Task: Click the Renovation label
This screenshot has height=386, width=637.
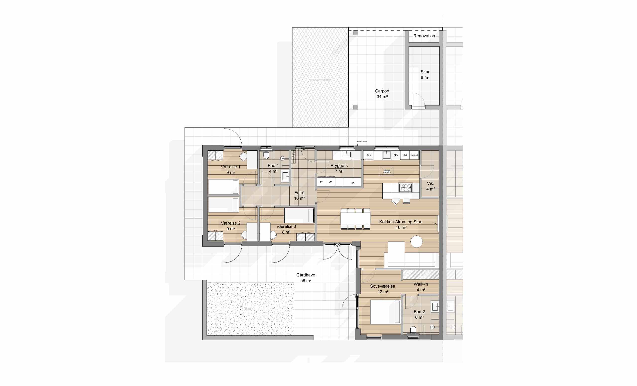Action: click(424, 36)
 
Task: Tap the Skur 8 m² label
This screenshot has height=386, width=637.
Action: click(425, 74)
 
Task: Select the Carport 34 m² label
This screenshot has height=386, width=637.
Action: click(382, 94)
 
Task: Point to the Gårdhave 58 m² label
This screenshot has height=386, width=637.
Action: click(306, 278)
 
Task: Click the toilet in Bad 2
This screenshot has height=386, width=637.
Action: click(413, 330)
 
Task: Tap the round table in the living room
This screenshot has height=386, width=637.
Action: click(417, 241)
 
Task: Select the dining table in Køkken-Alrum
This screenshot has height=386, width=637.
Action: click(355, 219)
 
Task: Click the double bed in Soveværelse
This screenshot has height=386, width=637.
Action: click(385, 312)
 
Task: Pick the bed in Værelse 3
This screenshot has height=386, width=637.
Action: click(299, 215)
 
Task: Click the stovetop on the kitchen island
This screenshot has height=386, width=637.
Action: click(405, 188)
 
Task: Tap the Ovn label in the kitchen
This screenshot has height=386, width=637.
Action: click(369, 155)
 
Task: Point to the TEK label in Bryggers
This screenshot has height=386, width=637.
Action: click(352, 183)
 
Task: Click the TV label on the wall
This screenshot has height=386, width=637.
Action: click(435, 224)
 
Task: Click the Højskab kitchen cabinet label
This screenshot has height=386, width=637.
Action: click(414, 155)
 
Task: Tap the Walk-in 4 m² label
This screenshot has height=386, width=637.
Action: click(421, 287)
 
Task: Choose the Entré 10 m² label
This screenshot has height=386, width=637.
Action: click(299, 195)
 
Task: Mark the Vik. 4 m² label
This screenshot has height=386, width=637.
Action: click(430, 186)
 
